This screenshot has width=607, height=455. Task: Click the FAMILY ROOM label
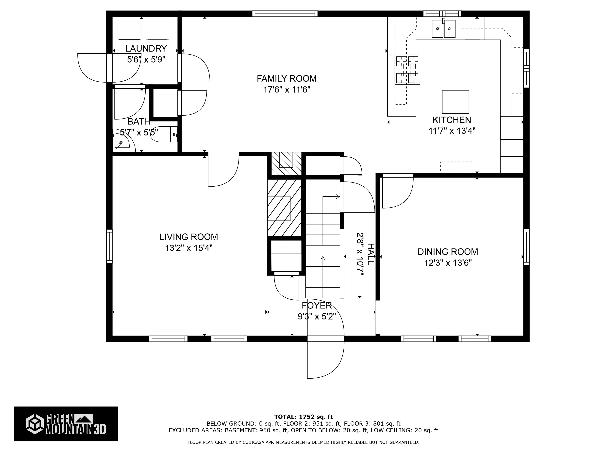tap(287, 79)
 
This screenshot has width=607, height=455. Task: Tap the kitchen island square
tap(455, 102)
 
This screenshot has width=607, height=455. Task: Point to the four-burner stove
tap(407, 70)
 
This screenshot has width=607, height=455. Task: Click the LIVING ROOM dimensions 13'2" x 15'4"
tap(189, 248)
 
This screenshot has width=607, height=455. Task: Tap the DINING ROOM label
tap(448, 252)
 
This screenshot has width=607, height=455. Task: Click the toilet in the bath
tap(164, 134)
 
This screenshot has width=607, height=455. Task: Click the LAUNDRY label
tap(146, 49)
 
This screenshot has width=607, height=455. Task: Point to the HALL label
tap(370, 254)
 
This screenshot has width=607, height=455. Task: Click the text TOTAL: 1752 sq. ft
tap(303, 417)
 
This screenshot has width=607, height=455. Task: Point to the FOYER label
tap(317, 306)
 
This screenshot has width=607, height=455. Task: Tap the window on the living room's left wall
tap(109, 246)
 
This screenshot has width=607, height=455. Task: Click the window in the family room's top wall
tap(285, 14)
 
